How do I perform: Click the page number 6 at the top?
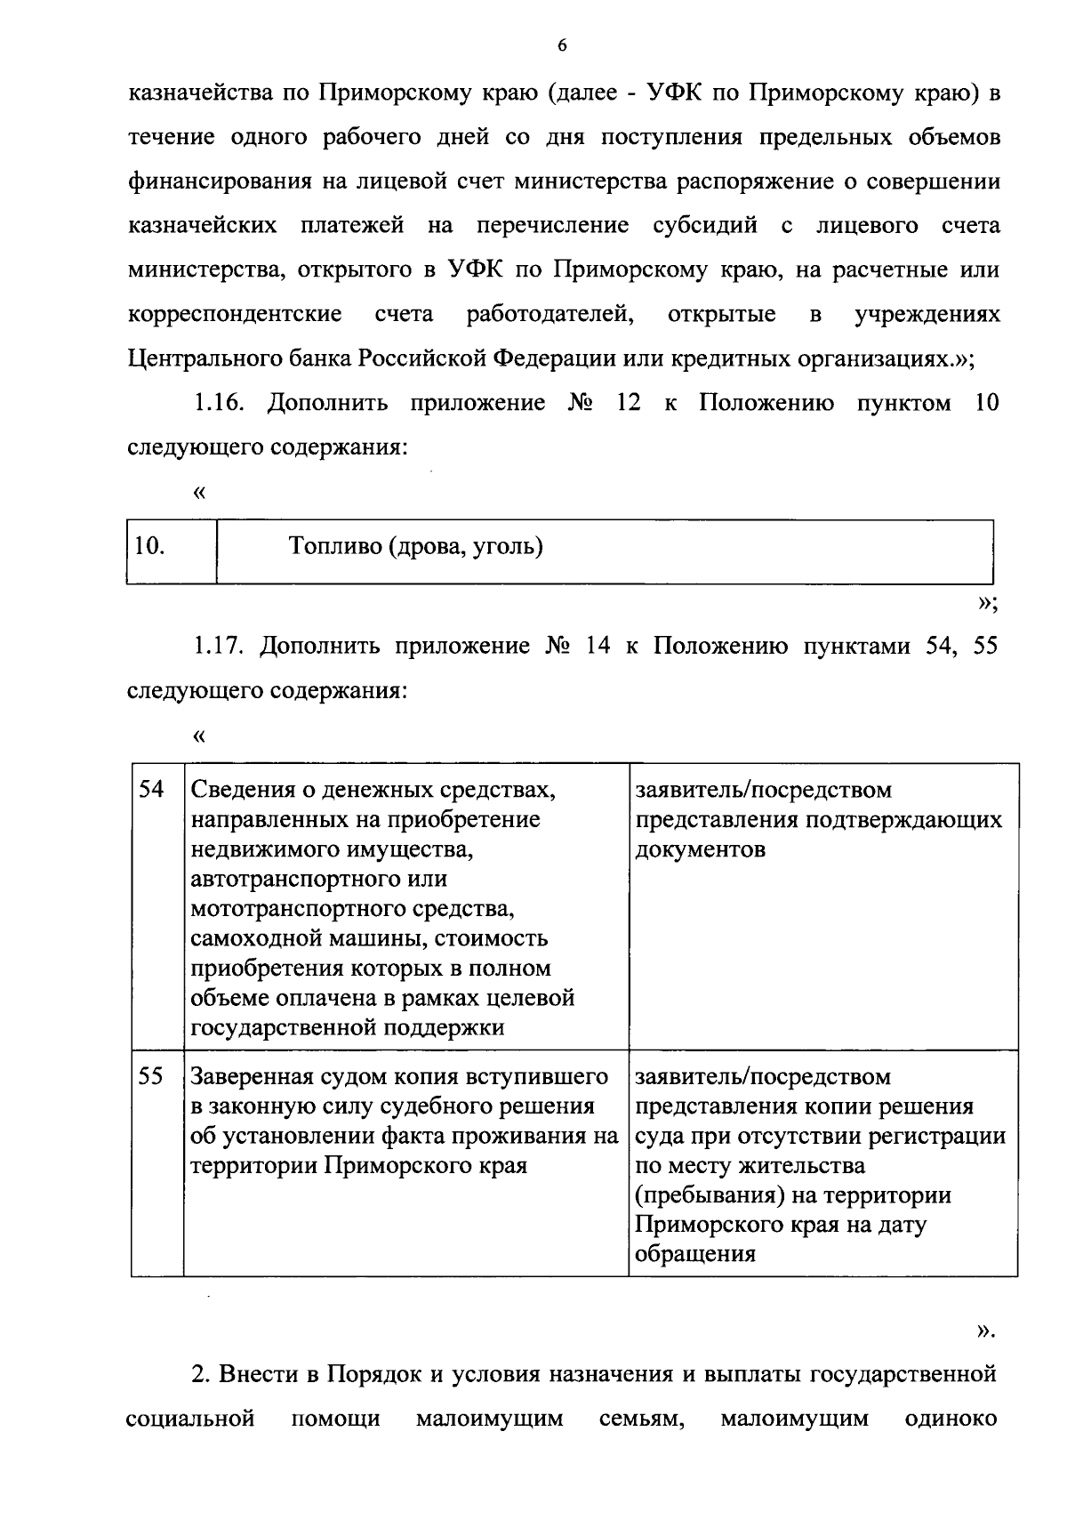coord(561,46)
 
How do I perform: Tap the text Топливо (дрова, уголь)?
coord(415,546)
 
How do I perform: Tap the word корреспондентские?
coord(235,314)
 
